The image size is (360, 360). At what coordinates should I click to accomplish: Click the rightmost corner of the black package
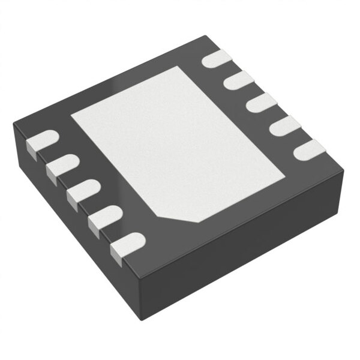pos(344,171)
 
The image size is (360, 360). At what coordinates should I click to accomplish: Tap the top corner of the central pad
pos(190,67)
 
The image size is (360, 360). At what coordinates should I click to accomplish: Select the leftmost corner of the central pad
pos(71,114)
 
